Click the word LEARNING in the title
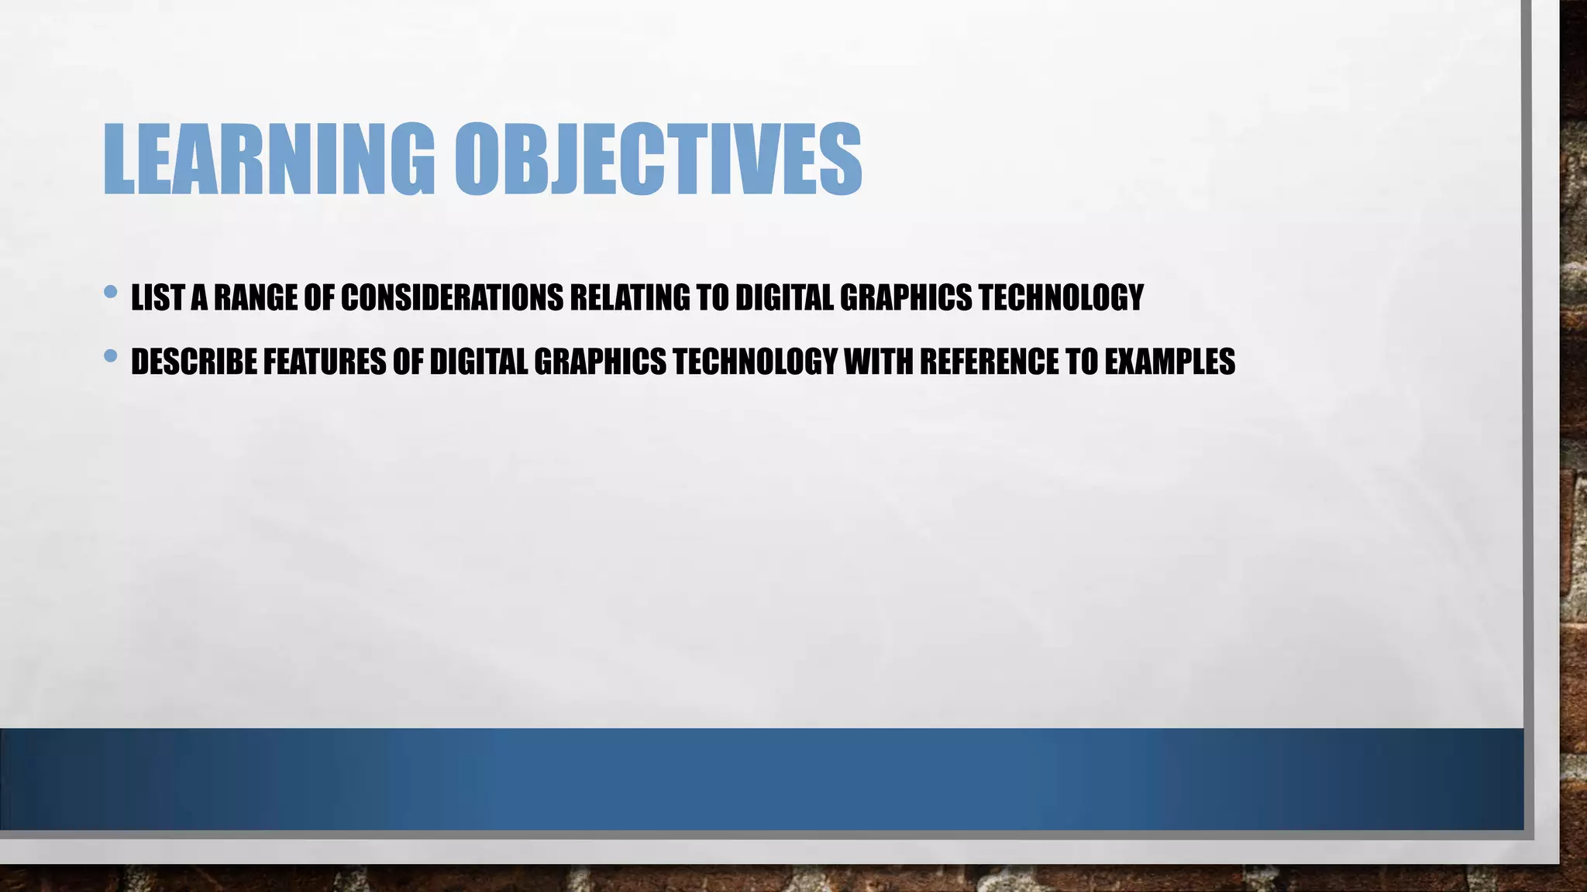(x=268, y=159)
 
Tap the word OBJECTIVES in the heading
(x=658, y=159)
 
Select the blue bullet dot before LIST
(x=110, y=292)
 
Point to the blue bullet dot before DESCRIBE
(x=110, y=356)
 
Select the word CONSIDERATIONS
(x=452, y=297)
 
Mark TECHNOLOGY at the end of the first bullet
(x=1061, y=297)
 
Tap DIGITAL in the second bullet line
(x=478, y=362)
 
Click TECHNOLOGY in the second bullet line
(x=756, y=362)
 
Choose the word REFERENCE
(x=990, y=362)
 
